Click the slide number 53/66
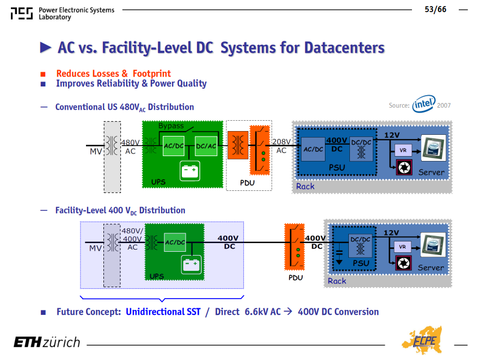coord(435,9)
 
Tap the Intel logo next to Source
coord(423,104)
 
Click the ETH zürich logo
coord(47,342)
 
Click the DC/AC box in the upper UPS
coord(206,146)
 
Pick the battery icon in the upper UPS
coord(190,171)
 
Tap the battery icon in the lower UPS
coord(192,265)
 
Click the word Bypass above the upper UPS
coord(171,126)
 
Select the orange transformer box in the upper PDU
coord(238,145)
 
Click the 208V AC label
coord(281,146)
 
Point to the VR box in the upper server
coord(403,150)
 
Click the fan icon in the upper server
coord(404,167)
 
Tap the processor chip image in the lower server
coord(433,245)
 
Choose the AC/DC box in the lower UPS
coord(175,242)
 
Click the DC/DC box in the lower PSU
coord(360,246)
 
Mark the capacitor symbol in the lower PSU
coord(339,255)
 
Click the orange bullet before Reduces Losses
coord(43,74)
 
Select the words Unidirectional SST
coord(163,312)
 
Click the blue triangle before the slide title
coord(46,47)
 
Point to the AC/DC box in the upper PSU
coord(313,149)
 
